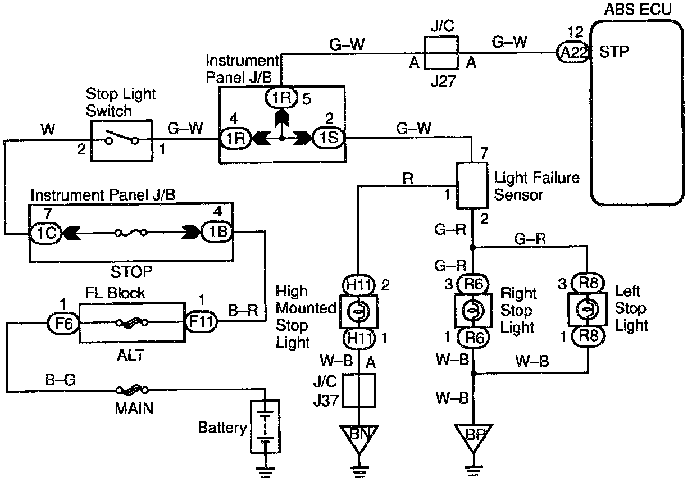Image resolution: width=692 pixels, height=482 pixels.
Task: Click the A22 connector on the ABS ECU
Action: [x=573, y=52]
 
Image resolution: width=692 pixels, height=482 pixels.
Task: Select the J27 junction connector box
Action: [x=441, y=53]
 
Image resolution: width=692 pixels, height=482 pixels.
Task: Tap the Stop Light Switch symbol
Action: [x=121, y=141]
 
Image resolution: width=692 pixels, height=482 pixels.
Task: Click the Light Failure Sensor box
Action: [x=472, y=185]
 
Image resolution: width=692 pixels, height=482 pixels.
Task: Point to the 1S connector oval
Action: [x=329, y=138]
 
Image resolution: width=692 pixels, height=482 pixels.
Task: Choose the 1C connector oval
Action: [x=46, y=233]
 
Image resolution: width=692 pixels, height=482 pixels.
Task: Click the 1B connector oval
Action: [x=217, y=231]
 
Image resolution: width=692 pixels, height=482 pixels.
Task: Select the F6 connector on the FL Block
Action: [x=64, y=323]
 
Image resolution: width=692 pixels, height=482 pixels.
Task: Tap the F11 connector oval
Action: [x=201, y=321]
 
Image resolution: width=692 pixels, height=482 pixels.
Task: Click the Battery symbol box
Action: [x=265, y=427]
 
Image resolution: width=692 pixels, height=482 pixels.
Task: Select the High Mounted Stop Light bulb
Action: [x=358, y=311]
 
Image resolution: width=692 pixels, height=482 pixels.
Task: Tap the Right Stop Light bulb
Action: [x=473, y=310]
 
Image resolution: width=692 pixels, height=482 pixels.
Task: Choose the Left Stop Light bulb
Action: [x=588, y=309]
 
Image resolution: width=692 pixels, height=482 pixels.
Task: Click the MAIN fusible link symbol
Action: [x=132, y=390]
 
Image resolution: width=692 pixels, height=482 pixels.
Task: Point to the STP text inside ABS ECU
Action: [x=614, y=52]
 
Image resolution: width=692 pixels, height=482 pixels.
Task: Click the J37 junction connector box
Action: [x=359, y=390]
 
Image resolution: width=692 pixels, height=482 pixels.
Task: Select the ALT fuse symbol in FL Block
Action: [x=131, y=323]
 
